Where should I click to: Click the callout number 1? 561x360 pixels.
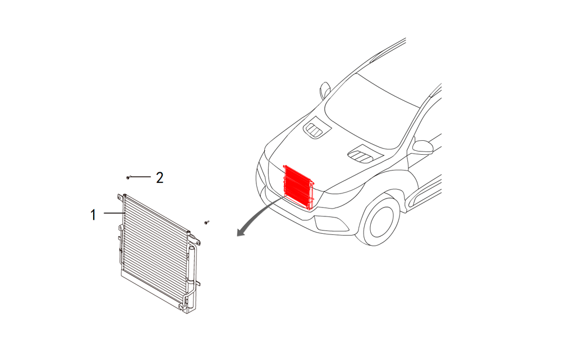pos(94,214)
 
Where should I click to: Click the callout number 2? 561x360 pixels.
pos(160,178)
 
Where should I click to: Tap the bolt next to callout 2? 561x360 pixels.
pos(128,177)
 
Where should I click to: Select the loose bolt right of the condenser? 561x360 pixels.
pos(206,223)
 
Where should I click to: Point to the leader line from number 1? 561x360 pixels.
pos(112,214)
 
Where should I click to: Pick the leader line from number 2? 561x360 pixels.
pos(141,177)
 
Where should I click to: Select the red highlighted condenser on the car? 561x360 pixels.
pos(298,187)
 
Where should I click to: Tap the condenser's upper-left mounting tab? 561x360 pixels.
pos(120,197)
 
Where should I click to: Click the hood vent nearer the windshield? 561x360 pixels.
pos(316,130)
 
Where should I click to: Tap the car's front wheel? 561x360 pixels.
pos(381,219)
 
